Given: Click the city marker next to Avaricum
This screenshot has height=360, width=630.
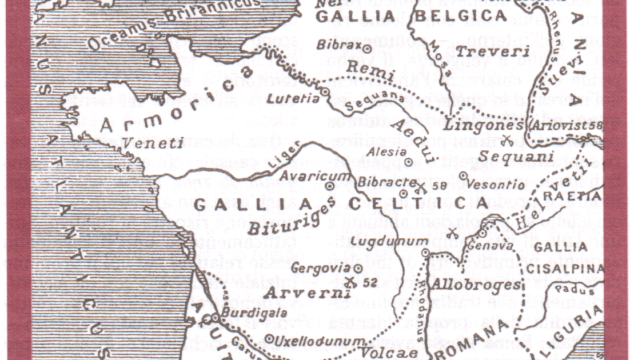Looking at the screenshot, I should pos(330,186).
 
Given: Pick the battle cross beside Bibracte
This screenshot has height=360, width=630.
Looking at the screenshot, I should pos(421,186).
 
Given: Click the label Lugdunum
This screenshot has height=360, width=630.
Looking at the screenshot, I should pos(389,242).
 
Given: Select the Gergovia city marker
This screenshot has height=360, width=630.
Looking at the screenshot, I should pos(358,268).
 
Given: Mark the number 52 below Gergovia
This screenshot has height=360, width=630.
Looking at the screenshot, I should pos(370,282).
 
